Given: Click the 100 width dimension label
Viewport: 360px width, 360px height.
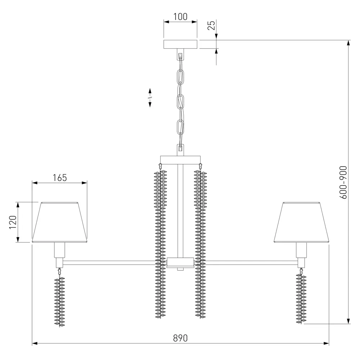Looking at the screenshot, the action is (180, 17).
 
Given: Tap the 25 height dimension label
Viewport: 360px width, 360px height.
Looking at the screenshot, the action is (211, 25).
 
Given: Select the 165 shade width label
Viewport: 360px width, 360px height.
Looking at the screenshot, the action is (60, 178).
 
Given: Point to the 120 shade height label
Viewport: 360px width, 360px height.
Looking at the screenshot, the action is (13, 222).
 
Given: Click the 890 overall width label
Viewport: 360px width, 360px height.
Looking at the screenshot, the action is (180, 338).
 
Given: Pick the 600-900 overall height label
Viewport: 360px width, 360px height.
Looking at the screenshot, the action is (343, 182).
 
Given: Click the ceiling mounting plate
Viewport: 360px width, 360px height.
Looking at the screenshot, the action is (180, 44).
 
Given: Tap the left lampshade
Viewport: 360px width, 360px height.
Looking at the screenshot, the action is (60, 222).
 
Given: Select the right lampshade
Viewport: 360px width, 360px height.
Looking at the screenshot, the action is (301, 222).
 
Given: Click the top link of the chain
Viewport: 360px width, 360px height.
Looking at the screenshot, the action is (180, 76).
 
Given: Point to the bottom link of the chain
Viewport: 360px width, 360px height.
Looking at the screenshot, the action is (180, 127).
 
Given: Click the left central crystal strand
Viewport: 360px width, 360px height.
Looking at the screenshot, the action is (161, 244).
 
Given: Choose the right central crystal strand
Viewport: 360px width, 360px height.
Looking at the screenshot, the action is (200, 244).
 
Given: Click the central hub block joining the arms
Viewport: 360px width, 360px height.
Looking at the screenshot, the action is (180, 262).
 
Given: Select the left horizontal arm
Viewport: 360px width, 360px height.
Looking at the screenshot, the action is (109, 263).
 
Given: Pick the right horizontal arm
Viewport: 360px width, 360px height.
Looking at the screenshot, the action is (252, 263).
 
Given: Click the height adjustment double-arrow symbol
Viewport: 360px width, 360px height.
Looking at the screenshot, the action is (150, 98).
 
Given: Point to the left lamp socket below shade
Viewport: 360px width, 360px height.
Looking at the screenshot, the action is (60, 250).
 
